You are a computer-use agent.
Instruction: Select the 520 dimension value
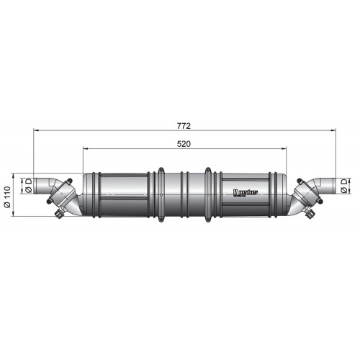tap(184, 144)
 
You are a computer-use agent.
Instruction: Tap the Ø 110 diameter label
tap(7, 195)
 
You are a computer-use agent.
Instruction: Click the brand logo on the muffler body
tap(247, 192)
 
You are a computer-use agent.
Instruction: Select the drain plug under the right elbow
tap(310, 214)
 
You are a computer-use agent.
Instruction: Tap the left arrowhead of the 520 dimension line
tap(86, 150)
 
